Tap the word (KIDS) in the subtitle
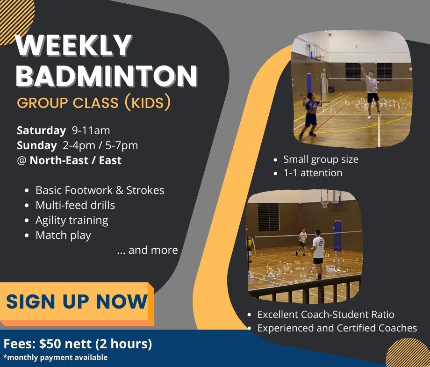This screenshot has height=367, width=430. pyautogui.click(x=147, y=102)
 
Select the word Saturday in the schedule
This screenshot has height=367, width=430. pyautogui.click(x=42, y=130)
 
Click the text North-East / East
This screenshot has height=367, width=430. pyautogui.click(x=76, y=160)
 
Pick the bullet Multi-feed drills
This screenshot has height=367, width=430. pyautogui.click(x=75, y=205)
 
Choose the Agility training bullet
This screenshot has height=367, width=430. pyautogui.click(x=72, y=220)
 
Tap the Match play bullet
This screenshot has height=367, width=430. pyautogui.click(x=63, y=235)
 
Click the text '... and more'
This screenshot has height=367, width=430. pyautogui.click(x=147, y=250)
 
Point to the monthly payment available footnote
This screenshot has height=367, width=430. pyautogui.click(x=56, y=358)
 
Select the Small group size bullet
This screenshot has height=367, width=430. pyautogui.click(x=321, y=159)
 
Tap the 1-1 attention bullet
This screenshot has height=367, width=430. pyautogui.click(x=313, y=173)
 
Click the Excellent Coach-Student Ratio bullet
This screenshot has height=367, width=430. pyautogui.click(x=326, y=315)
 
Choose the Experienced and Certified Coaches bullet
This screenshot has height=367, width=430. pyautogui.click(x=337, y=328)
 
